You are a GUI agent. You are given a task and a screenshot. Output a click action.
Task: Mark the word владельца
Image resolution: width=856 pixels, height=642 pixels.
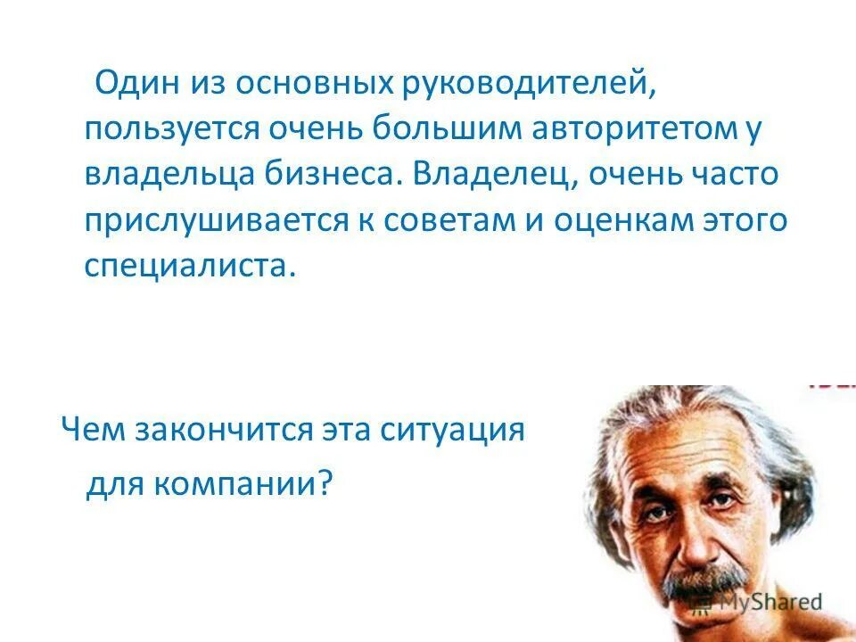pos(168,174)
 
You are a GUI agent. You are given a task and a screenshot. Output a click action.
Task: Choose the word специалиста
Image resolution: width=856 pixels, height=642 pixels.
pos(188,265)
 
